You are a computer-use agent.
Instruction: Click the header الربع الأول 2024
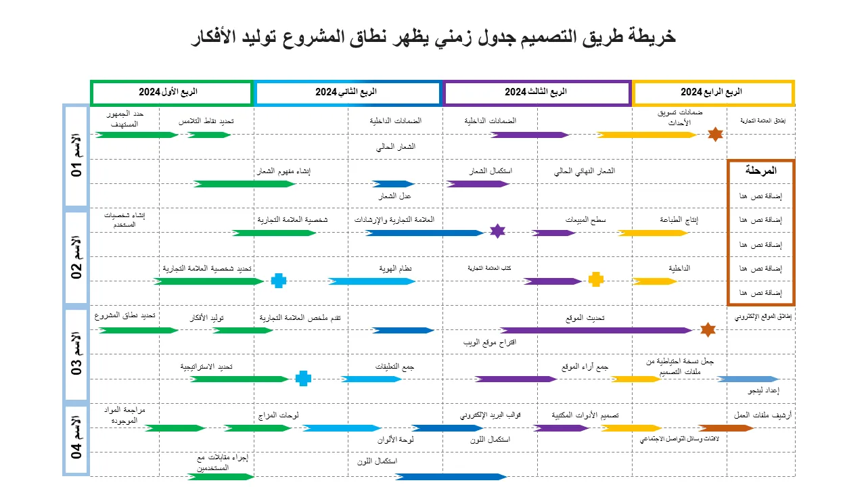(171, 92)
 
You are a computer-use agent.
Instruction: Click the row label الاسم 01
(76, 156)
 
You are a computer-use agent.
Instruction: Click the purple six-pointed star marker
(497, 231)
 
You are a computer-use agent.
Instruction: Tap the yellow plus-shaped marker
(595, 279)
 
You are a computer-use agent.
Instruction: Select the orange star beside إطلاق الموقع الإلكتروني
(707, 329)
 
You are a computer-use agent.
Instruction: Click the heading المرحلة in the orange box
(760, 170)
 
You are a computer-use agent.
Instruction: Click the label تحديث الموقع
(585, 317)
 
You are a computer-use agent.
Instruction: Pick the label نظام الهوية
(396, 269)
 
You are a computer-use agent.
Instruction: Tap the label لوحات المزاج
(279, 415)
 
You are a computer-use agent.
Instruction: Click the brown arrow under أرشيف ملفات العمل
(725, 427)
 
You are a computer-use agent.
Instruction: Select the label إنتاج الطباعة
(679, 220)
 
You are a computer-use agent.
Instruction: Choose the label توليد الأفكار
(208, 318)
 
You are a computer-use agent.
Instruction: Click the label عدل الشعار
(394, 196)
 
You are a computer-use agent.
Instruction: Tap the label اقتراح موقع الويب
(490, 342)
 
